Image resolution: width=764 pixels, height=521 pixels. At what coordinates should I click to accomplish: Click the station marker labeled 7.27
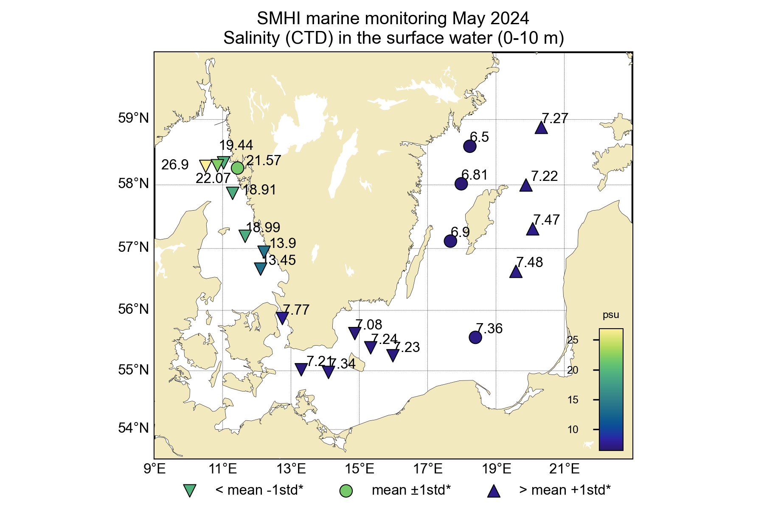pos(541,128)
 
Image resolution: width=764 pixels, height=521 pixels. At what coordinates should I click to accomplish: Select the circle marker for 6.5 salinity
pos(469,146)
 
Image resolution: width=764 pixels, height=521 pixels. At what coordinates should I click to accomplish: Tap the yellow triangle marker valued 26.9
pos(205,166)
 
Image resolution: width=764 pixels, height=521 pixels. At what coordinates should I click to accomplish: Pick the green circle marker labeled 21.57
pos(237,168)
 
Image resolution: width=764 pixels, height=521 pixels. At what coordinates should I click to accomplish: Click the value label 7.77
pos(296,310)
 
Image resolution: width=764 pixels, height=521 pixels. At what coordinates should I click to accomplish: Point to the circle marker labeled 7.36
pos(475,338)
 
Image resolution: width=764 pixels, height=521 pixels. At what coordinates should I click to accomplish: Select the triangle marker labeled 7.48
pos(516,272)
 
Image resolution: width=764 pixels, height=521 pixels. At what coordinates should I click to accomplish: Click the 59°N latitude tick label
pos(133,118)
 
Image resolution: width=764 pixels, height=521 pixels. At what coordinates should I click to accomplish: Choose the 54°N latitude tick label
pos(133,428)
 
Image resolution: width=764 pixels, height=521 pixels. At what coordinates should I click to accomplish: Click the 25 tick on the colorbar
pos(573,340)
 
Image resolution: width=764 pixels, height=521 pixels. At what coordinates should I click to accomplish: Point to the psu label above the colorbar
pos(611,315)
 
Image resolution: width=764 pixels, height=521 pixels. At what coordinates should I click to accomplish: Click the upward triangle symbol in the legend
pos(494,491)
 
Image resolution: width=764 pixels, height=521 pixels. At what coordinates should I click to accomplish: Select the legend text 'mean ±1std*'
pos(411,490)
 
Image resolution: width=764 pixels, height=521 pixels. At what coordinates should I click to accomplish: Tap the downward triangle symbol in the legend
pos(189,490)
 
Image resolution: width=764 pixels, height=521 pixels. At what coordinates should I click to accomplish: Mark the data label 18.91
pos(259,190)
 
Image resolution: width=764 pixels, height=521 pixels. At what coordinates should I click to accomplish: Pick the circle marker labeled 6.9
pos(450,241)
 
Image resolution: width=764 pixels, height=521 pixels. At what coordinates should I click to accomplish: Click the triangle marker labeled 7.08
pos(355,333)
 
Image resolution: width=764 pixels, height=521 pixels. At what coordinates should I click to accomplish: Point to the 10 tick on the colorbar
pos(573,429)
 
